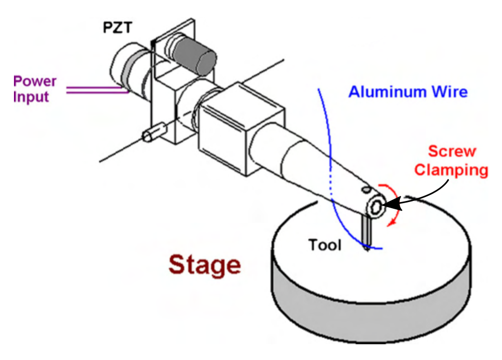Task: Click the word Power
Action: point(35,81)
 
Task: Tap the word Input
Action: point(32,97)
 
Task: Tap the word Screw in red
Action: point(452,152)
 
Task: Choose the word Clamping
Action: point(451,170)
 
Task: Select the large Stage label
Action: point(205,265)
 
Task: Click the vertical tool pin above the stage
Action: point(366,232)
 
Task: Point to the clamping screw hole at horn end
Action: point(375,208)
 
